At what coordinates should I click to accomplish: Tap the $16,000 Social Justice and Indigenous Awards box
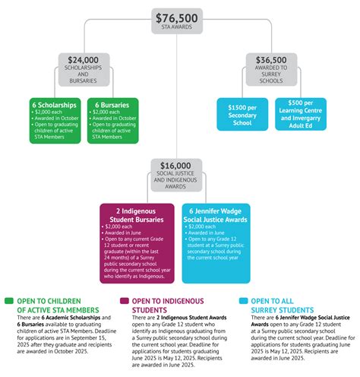pos(176,174)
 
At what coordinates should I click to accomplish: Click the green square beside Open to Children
pos(8,300)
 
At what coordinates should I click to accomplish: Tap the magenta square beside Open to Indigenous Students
pos(125,300)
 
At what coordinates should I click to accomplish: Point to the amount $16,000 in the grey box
pos(176,165)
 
